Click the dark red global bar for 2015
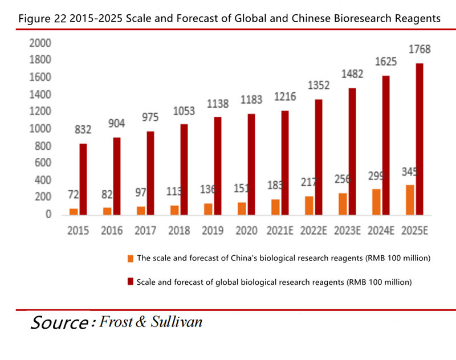point(83,179)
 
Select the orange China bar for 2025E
point(410,199)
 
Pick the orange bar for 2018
point(174,210)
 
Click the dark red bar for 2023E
point(352,151)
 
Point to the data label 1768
point(419,50)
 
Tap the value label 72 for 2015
point(73,195)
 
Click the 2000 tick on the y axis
point(40,43)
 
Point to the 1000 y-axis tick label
point(40,129)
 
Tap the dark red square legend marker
point(131,281)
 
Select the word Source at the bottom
point(58,323)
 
